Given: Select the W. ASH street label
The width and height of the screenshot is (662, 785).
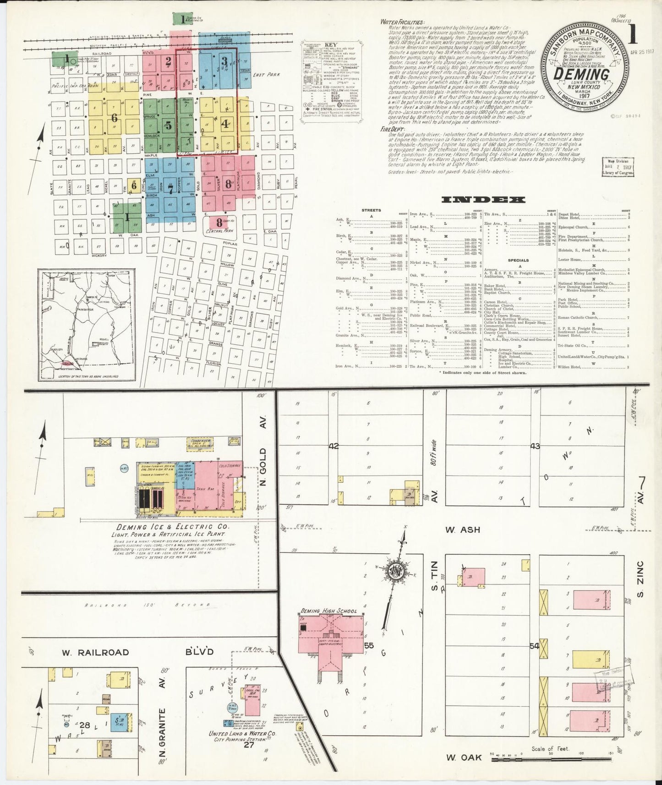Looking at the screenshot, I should click(x=463, y=529).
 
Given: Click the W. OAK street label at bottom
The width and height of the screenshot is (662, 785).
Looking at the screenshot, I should click(x=464, y=758).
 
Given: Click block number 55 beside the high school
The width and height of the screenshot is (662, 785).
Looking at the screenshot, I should click(x=369, y=646).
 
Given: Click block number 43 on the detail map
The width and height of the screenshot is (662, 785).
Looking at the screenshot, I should click(x=535, y=446).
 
